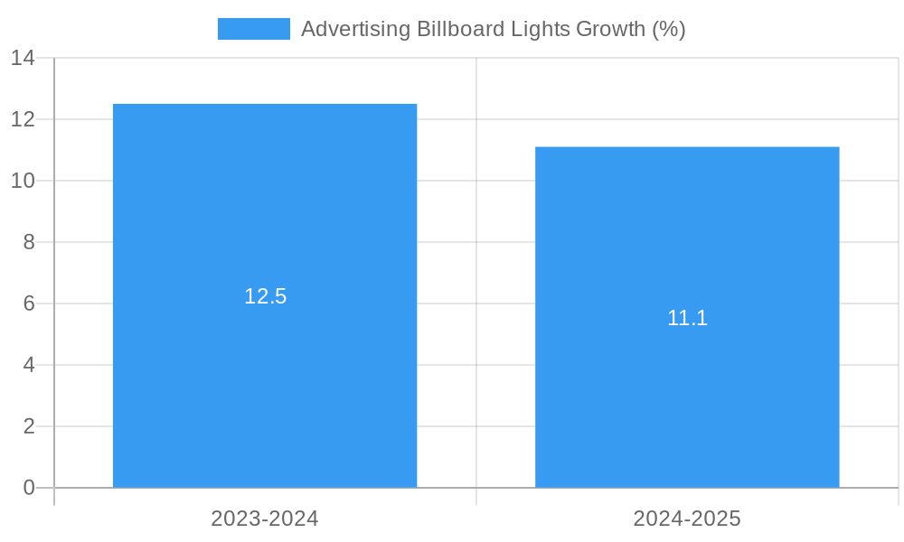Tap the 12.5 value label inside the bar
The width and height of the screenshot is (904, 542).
[265, 296]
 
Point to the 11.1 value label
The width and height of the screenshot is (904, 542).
[687, 318]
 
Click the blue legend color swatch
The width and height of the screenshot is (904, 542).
[254, 29]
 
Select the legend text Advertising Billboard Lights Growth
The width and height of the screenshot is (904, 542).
[493, 29]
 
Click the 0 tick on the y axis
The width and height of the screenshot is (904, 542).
[28, 488]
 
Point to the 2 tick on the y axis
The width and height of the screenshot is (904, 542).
[28, 426]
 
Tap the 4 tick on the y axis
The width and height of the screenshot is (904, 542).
[28, 365]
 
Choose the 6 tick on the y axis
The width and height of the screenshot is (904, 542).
[28, 304]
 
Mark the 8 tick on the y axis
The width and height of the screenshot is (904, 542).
[28, 242]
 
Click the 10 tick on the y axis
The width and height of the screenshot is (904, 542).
[23, 181]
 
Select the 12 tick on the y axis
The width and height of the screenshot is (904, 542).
[23, 119]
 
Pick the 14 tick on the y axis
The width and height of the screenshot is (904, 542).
[23, 58]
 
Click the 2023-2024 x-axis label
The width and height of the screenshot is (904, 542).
[265, 519]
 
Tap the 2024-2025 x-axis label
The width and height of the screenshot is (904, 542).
[687, 519]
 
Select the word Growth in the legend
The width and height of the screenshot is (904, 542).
[610, 29]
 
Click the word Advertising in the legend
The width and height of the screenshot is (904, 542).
[355, 29]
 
